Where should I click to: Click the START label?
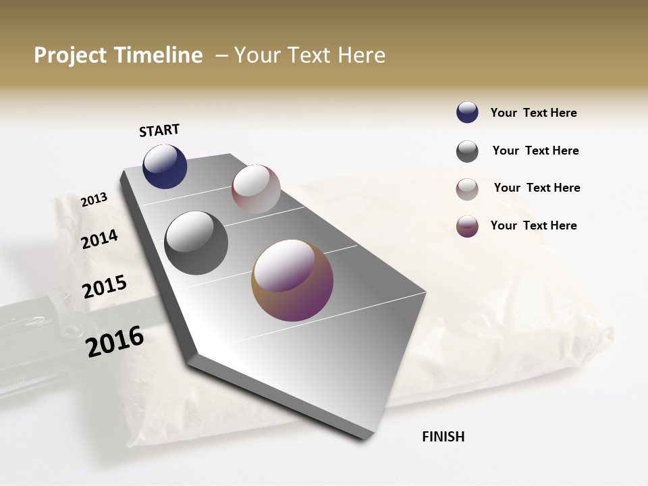[x=159, y=130]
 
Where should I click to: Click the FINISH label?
[x=443, y=437]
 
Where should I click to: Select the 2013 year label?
[x=94, y=199]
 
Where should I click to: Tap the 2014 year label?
[x=100, y=239]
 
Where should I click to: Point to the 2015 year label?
[x=105, y=287]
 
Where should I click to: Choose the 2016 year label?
[x=115, y=342]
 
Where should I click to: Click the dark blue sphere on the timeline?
[x=165, y=167]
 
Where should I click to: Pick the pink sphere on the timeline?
[x=256, y=189]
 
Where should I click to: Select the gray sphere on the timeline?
[x=196, y=243]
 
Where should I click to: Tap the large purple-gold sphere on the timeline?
[x=292, y=279]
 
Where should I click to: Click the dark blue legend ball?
[x=467, y=113]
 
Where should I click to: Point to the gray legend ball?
[x=467, y=151]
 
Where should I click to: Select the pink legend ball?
[x=467, y=189]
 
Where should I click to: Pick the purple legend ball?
[x=467, y=226]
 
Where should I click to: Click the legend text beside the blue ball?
[x=533, y=113]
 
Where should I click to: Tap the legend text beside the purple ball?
[x=533, y=225]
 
